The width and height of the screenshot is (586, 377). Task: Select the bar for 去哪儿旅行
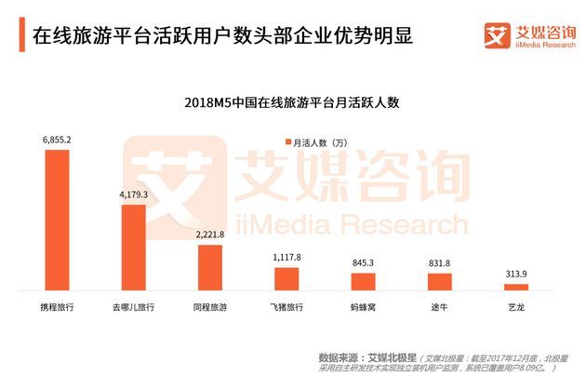[134, 249]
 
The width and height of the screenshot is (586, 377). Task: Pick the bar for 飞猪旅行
[286, 280]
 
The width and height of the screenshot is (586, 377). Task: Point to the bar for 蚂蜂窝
[363, 283]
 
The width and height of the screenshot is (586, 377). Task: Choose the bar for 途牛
[439, 283]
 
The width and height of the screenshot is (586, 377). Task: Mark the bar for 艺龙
[515, 289]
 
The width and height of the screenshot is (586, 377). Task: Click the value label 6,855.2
[57, 140]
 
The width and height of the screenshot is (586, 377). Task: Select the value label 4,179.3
[134, 195]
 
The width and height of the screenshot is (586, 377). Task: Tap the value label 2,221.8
[210, 236]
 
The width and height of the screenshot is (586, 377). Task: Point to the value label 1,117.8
[286, 258]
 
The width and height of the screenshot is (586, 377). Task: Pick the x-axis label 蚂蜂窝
[363, 306]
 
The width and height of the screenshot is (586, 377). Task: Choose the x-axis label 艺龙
[515, 306]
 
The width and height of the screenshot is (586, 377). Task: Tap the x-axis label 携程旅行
[57, 306]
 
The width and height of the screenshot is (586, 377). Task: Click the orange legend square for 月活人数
[287, 141]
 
